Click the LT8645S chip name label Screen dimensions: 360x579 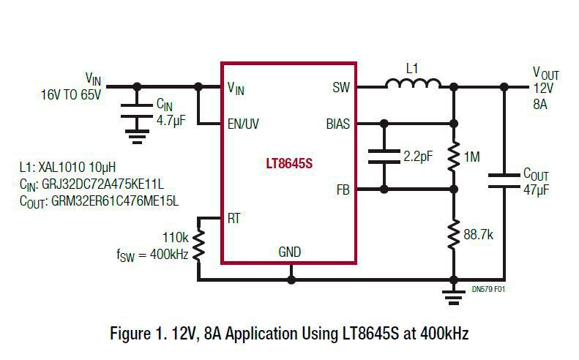click(x=288, y=162)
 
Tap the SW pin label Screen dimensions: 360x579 click(x=341, y=88)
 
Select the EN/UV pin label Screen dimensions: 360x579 click(x=243, y=124)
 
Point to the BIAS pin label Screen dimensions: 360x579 click(x=337, y=124)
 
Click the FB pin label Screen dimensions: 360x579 click(x=343, y=190)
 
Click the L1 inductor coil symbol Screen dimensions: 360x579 click(x=413, y=86)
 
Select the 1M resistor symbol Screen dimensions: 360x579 click(x=454, y=156)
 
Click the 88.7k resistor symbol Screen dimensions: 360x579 click(x=454, y=234)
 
